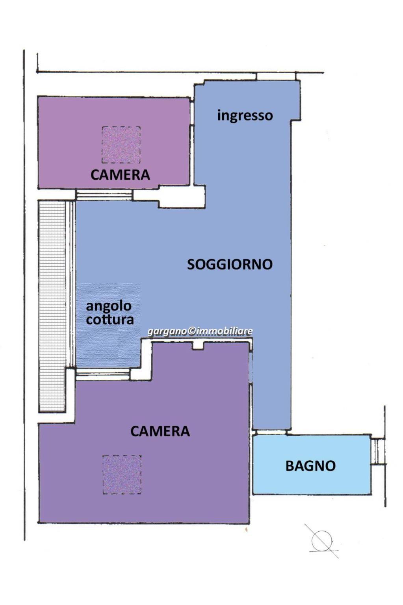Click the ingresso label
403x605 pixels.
click(245, 116)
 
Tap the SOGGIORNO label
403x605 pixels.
click(230, 264)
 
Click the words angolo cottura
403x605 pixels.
click(110, 313)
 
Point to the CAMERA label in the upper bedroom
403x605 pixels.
click(120, 175)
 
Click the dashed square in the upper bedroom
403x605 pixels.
click(121, 145)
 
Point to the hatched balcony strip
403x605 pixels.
click(52, 306)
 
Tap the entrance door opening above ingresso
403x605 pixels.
click(276, 76)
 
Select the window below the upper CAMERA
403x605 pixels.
click(104, 195)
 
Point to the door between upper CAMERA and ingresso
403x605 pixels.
click(192, 113)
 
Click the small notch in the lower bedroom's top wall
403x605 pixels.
click(198, 346)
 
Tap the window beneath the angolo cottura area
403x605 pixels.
click(103, 374)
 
